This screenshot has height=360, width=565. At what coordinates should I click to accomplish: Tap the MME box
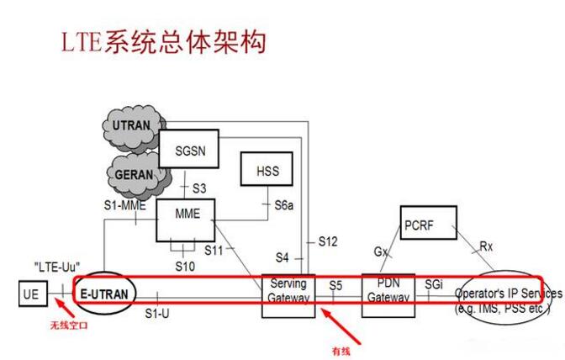[x=187, y=214]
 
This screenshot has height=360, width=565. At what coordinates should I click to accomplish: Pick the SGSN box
[x=189, y=150]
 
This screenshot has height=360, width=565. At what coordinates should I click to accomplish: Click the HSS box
[x=267, y=172]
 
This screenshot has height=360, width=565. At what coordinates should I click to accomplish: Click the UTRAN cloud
[x=131, y=126]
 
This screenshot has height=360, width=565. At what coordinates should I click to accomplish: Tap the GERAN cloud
[x=133, y=174]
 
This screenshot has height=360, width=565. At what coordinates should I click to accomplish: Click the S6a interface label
[x=285, y=204]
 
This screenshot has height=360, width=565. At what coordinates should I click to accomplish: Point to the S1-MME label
[x=125, y=203]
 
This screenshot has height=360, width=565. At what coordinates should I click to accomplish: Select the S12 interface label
[x=328, y=241]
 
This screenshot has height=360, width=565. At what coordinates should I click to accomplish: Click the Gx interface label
[x=380, y=251]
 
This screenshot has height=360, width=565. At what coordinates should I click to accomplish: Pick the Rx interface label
[x=486, y=246]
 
